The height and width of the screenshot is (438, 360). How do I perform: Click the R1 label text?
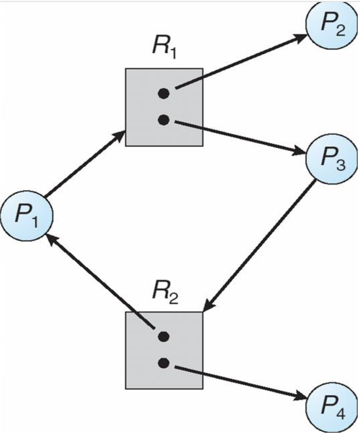click(164, 49)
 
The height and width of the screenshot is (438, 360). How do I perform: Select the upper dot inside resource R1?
click(163, 94)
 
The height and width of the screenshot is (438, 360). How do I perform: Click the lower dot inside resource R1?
click(163, 120)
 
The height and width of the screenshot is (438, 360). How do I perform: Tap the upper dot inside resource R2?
click(163, 336)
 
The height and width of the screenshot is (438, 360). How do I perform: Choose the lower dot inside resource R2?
click(163, 362)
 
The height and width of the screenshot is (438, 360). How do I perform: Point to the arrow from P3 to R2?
click(260, 245)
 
